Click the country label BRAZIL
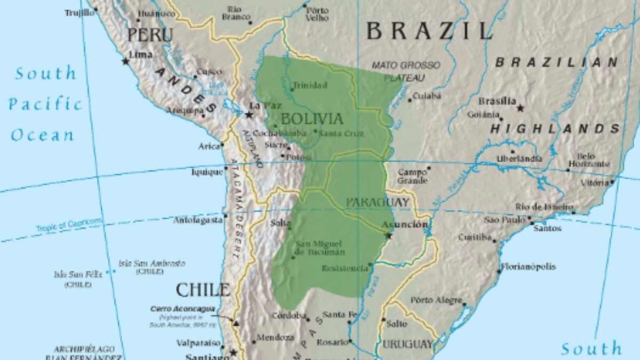(x=429, y=31)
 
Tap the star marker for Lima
(x=126, y=61)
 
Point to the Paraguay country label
(x=378, y=203)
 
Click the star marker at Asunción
(x=388, y=235)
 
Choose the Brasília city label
(x=497, y=101)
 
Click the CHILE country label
(x=203, y=290)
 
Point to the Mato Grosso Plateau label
(x=406, y=71)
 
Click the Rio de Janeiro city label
(x=544, y=207)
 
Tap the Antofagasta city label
(x=197, y=220)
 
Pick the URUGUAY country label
(x=408, y=344)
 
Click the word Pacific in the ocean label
(x=46, y=104)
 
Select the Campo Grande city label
(x=412, y=177)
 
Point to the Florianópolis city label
(x=528, y=267)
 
